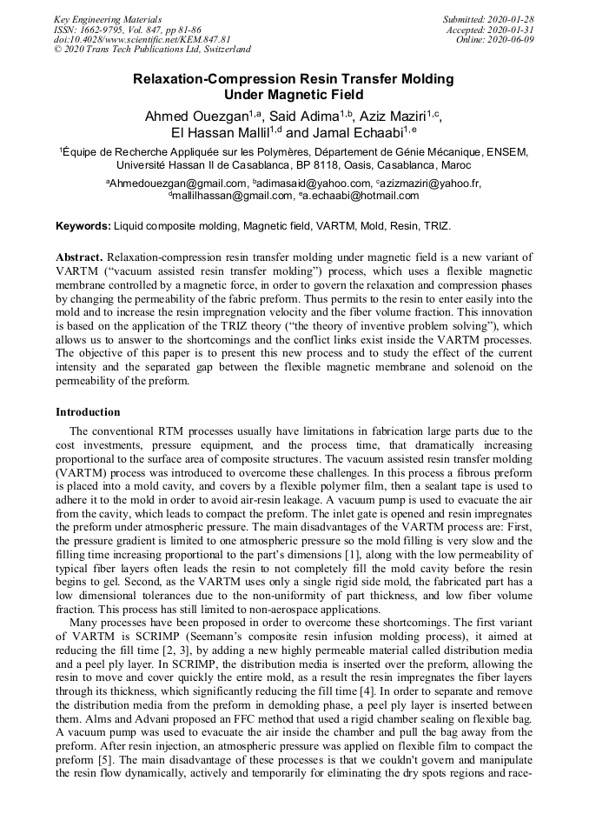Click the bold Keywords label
[x=83, y=226]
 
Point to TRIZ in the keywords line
[x=435, y=226]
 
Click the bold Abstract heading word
[x=80, y=258]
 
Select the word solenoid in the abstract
[x=461, y=367]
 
